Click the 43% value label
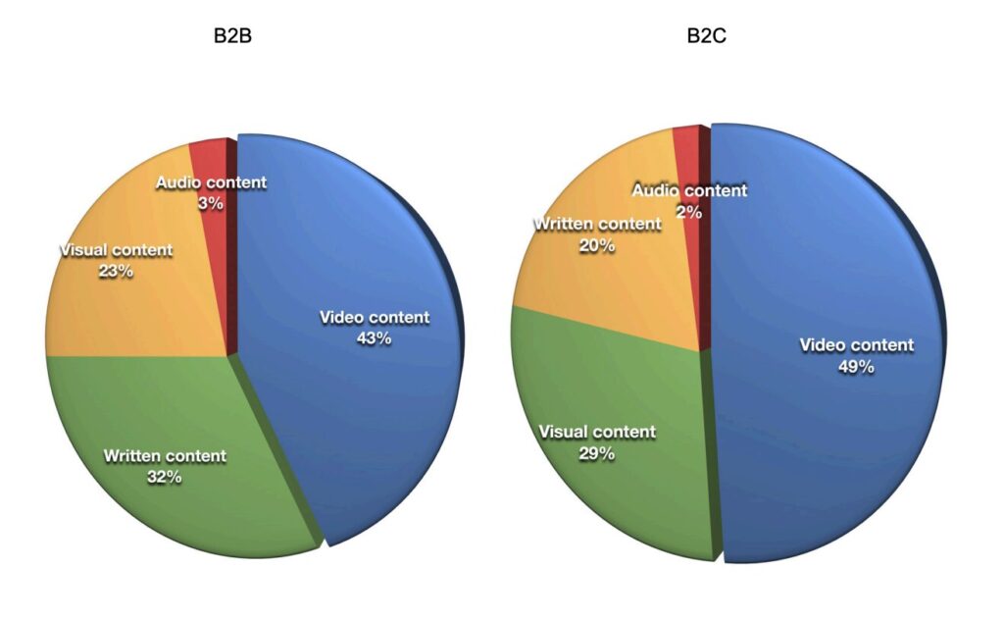pyautogui.click(x=375, y=338)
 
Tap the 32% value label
pyautogui.click(x=165, y=477)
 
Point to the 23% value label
pyautogui.click(x=116, y=271)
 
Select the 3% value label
pyautogui.click(x=211, y=203)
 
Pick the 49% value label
pyautogui.click(x=856, y=367)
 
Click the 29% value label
pyautogui.click(x=597, y=453)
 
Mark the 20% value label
pyautogui.click(x=597, y=245)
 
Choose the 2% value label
pyautogui.click(x=688, y=211)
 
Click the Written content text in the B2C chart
pyautogui.click(x=597, y=224)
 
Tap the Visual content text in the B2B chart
pyautogui.click(x=116, y=249)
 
